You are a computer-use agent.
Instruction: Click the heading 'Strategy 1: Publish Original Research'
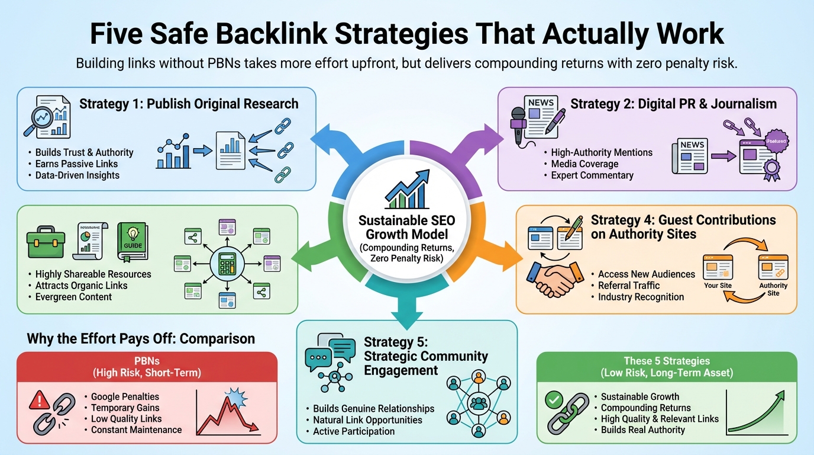[189, 104]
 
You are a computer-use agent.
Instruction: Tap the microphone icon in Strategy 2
[519, 121]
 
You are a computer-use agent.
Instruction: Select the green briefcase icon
[45, 242]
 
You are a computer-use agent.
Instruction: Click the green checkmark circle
[554, 401]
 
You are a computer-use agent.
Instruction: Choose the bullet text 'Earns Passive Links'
[76, 164]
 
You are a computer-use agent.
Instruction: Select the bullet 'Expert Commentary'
[592, 175]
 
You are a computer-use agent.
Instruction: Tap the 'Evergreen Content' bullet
[73, 297]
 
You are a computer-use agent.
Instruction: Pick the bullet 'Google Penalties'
[125, 396]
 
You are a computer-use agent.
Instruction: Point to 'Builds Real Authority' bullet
[642, 430]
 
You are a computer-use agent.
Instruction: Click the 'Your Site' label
[718, 286]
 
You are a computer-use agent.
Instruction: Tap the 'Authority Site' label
[773, 289]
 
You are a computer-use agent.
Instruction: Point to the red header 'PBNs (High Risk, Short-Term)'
[147, 366]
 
